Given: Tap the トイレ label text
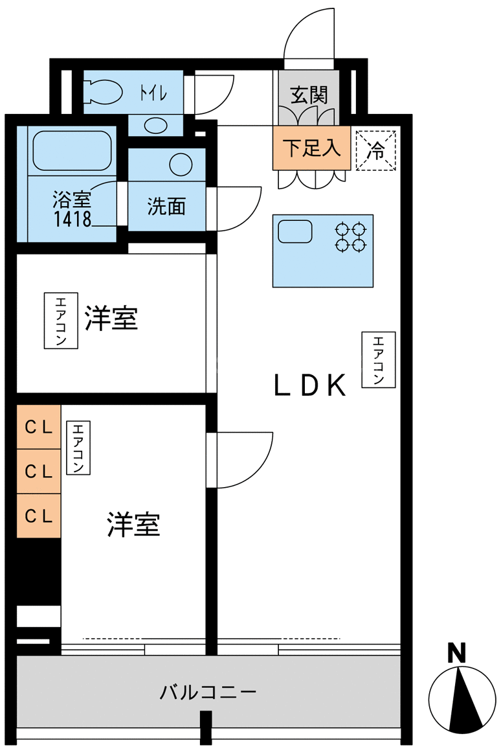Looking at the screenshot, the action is (x=153, y=92).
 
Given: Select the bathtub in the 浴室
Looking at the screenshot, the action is (x=72, y=150).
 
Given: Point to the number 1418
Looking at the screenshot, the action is (x=72, y=219).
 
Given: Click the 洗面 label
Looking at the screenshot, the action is (x=166, y=206).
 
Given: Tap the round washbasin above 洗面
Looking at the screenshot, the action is (x=181, y=165).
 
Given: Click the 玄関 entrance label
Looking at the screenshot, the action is (x=308, y=95).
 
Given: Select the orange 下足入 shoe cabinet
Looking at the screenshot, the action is (x=311, y=148).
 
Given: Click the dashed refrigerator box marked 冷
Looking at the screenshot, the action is (x=376, y=150).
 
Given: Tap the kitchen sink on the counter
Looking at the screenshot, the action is (x=295, y=231).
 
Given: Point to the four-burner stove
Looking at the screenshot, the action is (x=351, y=237).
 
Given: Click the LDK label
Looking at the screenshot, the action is (x=310, y=385).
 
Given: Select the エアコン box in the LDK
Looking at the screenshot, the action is (x=379, y=360).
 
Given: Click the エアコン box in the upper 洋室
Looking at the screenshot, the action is (x=61, y=320).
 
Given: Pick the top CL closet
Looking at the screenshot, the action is (x=39, y=427).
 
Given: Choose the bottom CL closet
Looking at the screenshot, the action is (x=39, y=516).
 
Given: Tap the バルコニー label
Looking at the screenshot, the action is (x=208, y=692).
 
